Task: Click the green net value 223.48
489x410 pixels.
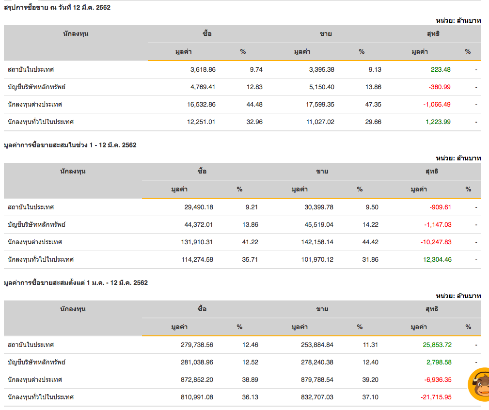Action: [x=441, y=69]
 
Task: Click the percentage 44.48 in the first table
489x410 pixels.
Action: [x=254, y=104]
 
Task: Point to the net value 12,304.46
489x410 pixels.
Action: [x=438, y=259]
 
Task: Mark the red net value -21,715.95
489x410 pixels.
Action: [x=436, y=397]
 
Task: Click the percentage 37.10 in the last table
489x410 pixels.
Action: [x=370, y=397]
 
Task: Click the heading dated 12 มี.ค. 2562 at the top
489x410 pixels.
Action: [x=57, y=7]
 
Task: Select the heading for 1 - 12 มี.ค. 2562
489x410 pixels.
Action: [x=70, y=145]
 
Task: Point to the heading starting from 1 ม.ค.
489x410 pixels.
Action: [x=76, y=283]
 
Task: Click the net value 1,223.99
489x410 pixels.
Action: [x=438, y=122]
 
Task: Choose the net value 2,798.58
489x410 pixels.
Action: [x=439, y=362]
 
